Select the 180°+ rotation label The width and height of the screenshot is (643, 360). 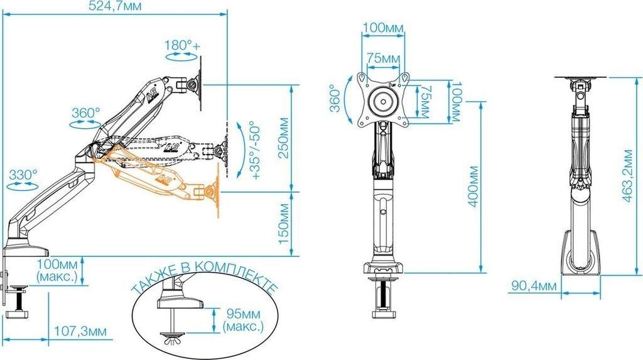[182, 45]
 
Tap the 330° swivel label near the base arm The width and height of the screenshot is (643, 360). [23, 175]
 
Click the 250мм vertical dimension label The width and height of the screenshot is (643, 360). [284, 138]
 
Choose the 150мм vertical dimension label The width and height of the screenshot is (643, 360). [284, 223]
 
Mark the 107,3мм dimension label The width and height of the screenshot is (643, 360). [80, 331]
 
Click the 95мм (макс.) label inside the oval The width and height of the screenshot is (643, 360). [243, 320]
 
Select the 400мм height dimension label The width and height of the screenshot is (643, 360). [473, 187]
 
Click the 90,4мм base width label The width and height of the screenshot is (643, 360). [534, 286]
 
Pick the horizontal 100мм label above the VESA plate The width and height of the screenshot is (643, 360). [383, 28]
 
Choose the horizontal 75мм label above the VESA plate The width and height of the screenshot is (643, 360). [383, 58]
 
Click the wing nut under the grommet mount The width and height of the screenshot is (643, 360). [172, 341]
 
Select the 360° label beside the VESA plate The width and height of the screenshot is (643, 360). [335, 99]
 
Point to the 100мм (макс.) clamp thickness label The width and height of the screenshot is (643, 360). [57, 270]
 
